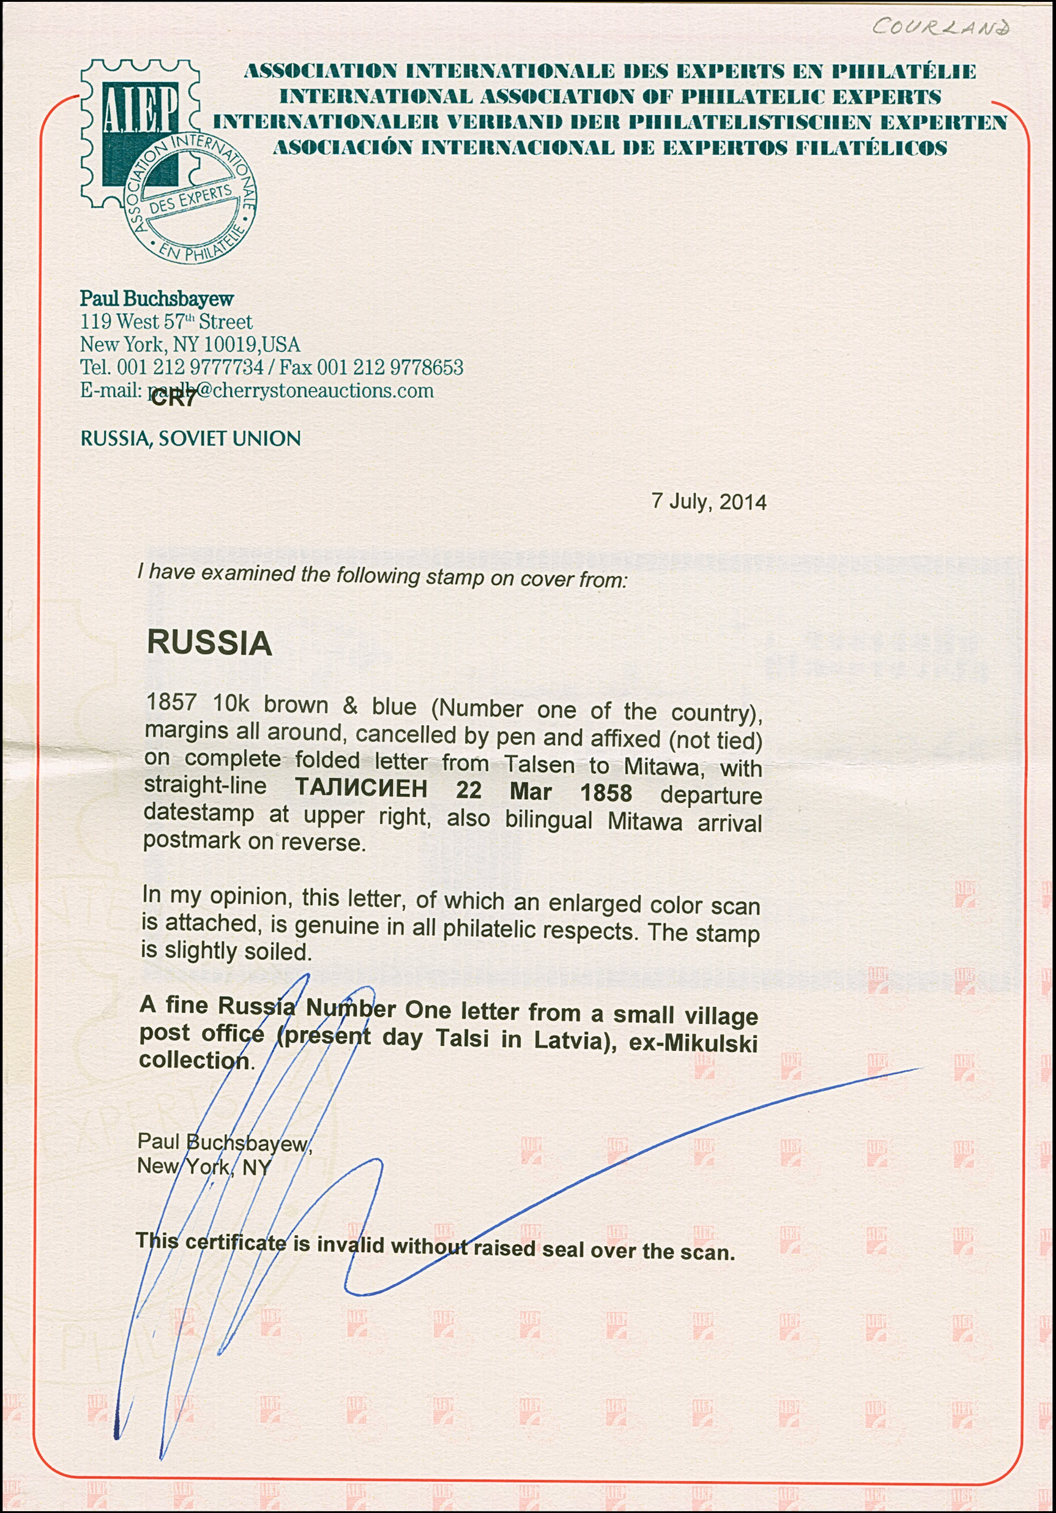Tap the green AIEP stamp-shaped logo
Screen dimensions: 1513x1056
pyautogui.click(x=139, y=132)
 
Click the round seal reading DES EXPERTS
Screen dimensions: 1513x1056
pyautogui.click(x=190, y=200)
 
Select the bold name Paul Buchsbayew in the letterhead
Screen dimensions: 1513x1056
pyautogui.click(x=157, y=299)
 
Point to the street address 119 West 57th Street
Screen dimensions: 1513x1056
pyautogui.click(x=166, y=321)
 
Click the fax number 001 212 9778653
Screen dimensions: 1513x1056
pyautogui.click(x=390, y=367)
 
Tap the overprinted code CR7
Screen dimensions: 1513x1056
pyautogui.click(x=173, y=399)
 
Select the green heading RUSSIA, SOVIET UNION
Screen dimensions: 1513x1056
pyautogui.click(x=190, y=438)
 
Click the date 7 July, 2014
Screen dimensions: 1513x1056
pyautogui.click(x=709, y=501)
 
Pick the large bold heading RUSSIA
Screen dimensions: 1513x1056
pyautogui.click(x=209, y=643)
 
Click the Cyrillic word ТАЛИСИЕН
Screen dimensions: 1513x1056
pyautogui.click(x=361, y=788)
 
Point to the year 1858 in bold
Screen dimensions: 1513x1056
pyautogui.click(x=606, y=793)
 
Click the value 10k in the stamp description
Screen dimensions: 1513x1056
pyautogui.click(x=231, y=704)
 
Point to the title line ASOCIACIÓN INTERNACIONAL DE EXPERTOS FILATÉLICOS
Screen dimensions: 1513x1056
pyautogui.click(x=610, y=148)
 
